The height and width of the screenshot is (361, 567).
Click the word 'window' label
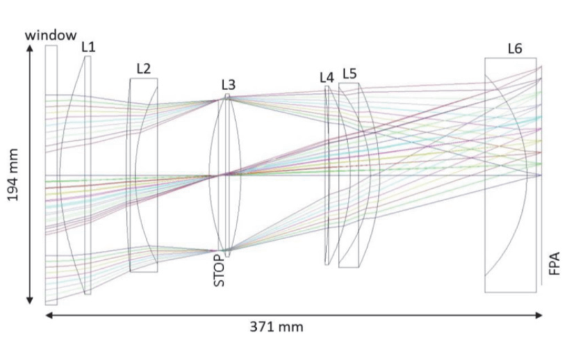coord(51,35)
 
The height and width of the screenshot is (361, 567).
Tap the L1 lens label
coord(88,47)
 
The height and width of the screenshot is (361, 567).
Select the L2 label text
coord(144,68)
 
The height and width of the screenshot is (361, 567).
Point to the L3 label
coord(228,85)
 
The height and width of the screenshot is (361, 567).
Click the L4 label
coord(327,77)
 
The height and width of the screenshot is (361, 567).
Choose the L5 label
coord(350,74)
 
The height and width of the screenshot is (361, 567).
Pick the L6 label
coord(515,49)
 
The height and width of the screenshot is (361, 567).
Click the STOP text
coord(219,270)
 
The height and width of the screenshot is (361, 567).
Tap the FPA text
coord(554,264)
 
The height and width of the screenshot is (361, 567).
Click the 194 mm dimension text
coord(13,175)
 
